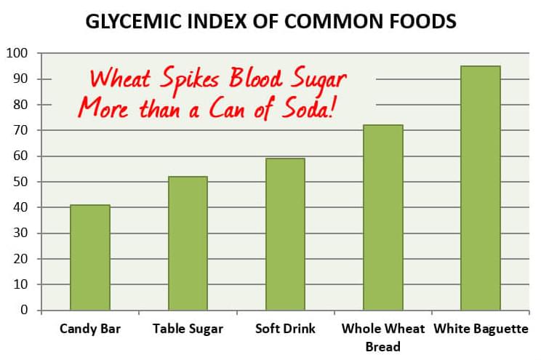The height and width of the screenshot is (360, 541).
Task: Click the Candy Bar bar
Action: click(x=90, y=257)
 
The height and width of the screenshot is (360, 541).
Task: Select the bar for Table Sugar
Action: click(x=188, y=243)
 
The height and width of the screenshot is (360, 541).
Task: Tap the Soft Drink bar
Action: click(x=285, y=234)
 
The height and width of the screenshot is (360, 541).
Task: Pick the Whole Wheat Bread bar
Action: click(x=383, y=217)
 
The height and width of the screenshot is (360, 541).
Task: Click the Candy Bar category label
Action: click(x=90, y=329)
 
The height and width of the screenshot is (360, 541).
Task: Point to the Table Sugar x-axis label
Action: click(x=188, y=329)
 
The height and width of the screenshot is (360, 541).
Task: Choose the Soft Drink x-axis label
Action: click(x=285, y=329)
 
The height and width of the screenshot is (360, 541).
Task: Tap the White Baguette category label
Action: click(x=481, y=329)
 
